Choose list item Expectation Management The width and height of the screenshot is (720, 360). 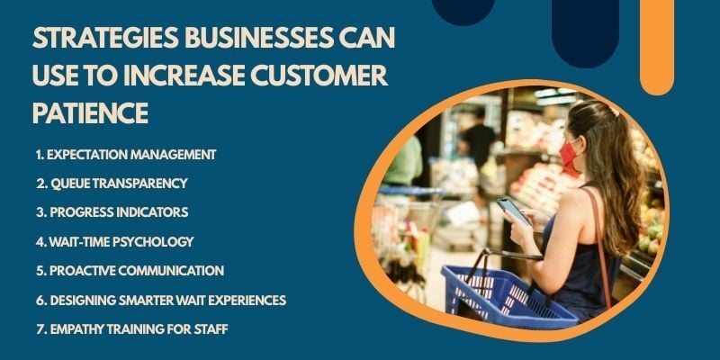pos(126,154)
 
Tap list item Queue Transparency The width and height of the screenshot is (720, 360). pos(112,183)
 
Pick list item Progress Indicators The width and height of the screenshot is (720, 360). pos(112,212)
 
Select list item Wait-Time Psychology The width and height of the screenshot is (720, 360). pos(114,241)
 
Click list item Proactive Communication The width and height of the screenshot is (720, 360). pos(130,270)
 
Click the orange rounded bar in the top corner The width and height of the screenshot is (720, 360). pos(656,45)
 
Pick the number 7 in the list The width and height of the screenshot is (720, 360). pos(40,329)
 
